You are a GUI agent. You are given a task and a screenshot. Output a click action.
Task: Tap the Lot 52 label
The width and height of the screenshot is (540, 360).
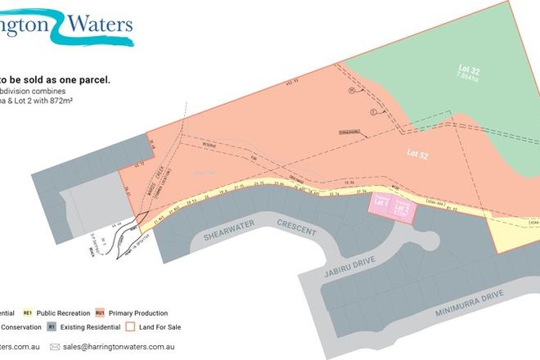click(418, 152)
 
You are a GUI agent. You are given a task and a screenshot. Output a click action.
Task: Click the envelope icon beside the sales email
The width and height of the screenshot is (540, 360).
click(55, 347)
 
